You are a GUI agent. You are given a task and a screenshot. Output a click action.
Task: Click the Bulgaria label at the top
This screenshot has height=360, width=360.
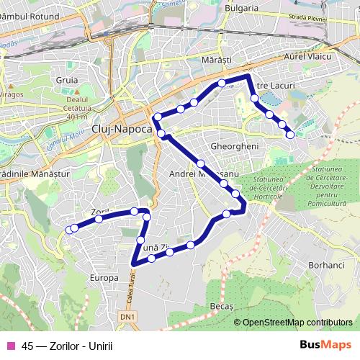coord(241,8)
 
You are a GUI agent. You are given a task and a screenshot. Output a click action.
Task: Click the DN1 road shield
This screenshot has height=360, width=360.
coord(127,315)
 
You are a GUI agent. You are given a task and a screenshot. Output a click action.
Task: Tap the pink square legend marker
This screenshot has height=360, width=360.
coord(9,344)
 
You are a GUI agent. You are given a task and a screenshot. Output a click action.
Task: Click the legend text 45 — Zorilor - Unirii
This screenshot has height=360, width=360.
coord(68,344)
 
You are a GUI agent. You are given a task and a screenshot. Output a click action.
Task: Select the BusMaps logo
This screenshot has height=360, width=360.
coord(325,344)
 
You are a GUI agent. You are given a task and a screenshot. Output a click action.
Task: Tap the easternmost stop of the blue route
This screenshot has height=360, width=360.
coord(290,134)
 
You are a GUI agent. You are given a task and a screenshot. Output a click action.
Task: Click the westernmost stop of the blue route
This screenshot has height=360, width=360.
coord(70,230)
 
